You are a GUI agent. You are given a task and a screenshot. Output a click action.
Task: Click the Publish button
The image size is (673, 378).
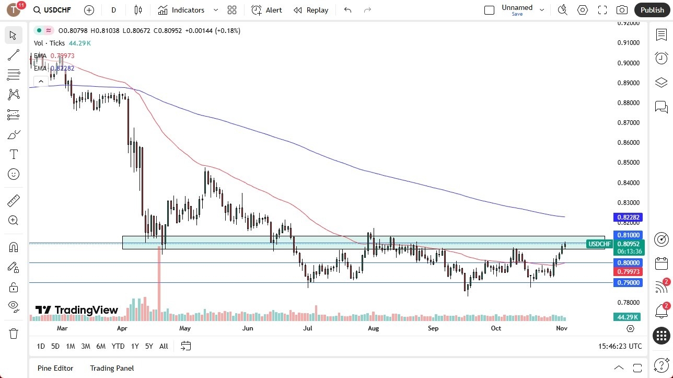coord(652,10)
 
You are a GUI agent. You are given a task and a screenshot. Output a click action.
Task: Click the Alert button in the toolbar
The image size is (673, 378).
coord(266,10)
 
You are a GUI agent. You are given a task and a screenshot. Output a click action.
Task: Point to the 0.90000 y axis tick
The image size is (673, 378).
coord(629,63)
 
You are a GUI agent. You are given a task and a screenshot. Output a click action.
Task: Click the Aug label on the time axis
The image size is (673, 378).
coord(373,328)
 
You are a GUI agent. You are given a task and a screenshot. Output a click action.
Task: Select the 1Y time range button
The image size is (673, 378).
coord(135,346)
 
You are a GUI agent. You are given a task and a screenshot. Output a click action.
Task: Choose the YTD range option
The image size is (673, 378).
coord(118,346)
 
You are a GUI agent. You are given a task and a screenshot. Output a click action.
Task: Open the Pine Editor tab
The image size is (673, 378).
coord(55,368)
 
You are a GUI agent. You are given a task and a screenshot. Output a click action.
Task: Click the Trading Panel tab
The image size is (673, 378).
coord(112,368)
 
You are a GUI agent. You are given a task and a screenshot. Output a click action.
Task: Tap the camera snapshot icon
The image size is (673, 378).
coord(622,10)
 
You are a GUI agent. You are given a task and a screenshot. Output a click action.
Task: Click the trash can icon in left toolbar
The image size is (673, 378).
coord(14,334)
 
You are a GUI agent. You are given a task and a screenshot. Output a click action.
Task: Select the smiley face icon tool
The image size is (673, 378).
coord(14,174)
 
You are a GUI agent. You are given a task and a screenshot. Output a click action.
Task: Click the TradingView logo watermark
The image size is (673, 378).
coord(77,310)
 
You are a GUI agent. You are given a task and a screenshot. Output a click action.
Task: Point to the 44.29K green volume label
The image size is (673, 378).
coord(628,317)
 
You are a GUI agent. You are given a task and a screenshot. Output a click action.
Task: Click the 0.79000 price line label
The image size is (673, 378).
coord(629,283)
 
